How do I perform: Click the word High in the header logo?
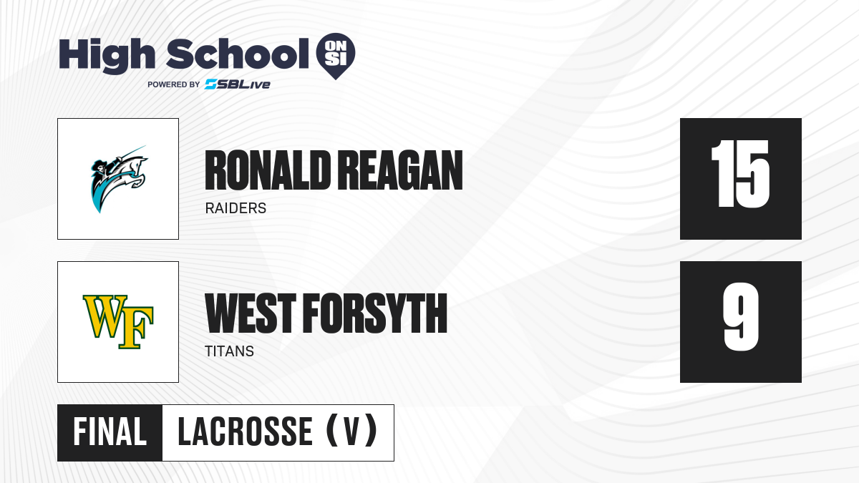[x=107, y=55]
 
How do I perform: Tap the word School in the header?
[x=238, y=54]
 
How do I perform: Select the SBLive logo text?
[x=238, y=84]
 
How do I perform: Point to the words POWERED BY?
[x=174, y=84]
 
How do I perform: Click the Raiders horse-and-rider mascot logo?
[x=119, y=179]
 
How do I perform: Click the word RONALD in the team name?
[x=268, y=170]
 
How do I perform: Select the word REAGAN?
[x=400, y=170]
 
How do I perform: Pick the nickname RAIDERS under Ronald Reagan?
[x=236, y=208]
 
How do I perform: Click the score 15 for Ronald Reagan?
[x=740, y=174]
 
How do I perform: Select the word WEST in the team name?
[x=251, y=313]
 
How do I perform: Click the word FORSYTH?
[x=375, y=313]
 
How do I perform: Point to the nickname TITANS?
[x=229, y=351]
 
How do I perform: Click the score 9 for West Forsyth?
[x=741, y=316]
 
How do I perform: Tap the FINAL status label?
[x=110, y=432]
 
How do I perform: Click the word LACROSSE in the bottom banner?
[x=246, y=432]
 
